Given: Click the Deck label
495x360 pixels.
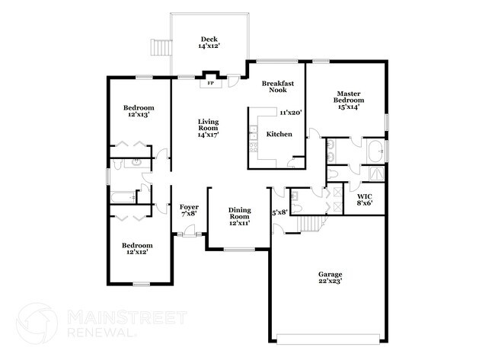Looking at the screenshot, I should tap(209, 39).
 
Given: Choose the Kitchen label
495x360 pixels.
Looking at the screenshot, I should tap(278, 135).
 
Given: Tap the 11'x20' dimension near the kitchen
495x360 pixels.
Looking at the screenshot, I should tap(291, 113).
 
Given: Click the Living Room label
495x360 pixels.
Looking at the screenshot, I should tap(208, 126).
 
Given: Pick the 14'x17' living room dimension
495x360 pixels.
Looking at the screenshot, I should tap(208, 135).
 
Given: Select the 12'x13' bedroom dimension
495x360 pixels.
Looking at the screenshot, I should tap(139, 115).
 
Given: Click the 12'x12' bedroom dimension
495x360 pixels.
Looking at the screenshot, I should tap(137, 253).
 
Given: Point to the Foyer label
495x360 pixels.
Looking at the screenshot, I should tap(189, 207).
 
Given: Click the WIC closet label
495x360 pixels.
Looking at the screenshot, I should tap(364, 198).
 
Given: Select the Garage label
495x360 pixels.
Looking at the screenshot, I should tap(330, 274).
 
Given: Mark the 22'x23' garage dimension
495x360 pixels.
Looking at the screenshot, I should tap(330, 282).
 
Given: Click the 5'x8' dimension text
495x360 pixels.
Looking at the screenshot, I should tap(279, 212).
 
